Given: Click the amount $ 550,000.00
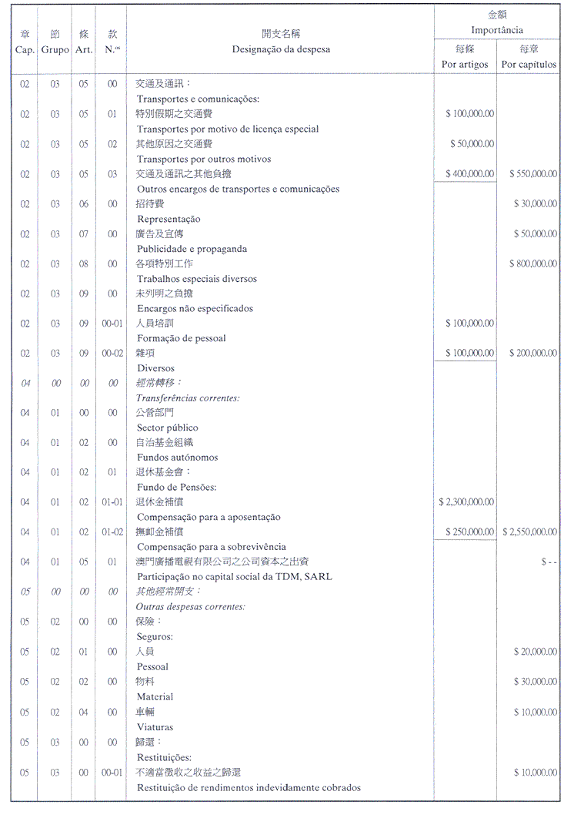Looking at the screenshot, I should pyautogui.click(x=532, y=174).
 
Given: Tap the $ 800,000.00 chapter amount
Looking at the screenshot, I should pyautogui.click(x=532, y=264).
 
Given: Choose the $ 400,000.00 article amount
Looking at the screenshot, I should pyautogui.click(x=469, y=174).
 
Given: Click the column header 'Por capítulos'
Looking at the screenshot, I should pyautogui.click(x=529, y=65).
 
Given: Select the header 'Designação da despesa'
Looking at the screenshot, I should pyautogui.click(x=281, y=49).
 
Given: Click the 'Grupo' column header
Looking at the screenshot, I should pyautogui.click(x=55, y=49).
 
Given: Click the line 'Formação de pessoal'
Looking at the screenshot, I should pyautogui.click(x=182, y=338).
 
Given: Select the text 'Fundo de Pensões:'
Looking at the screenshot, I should pyautogui.click(x=176, y=488).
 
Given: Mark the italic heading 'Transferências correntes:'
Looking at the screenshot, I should pyautogui.click(x=188, y=397).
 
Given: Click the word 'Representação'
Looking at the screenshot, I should pyautogui.click(x=169, y=219).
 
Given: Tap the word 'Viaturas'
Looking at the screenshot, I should pyautogui.click(x=155, y=726).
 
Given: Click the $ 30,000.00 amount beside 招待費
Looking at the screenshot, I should pyautogui.click(x=536, y=204).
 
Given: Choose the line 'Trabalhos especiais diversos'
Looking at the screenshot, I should pyautogui.click(x=197, y=279).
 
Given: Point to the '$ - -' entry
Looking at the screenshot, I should pyautogui.click(x=548, y=562).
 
